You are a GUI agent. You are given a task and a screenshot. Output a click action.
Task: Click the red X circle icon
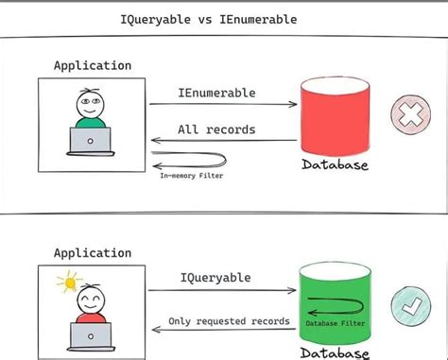pyautogui.click(x=411, y=115)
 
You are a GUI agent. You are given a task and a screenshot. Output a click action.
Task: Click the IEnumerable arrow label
pyautogui.click(x=215, y=93)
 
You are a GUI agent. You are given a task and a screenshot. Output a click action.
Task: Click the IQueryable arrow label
pyautogui.click(x=215, y=279)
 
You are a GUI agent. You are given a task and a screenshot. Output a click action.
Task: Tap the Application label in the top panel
pyautogui.click(x=92, y=66)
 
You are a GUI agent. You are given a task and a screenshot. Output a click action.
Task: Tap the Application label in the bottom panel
pyautogui.click(x=92, y=252)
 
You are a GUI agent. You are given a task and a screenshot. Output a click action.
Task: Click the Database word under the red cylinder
pyautogui.click(x=335, y=166)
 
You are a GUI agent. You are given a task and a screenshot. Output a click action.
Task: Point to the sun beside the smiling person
pyautogui.click(x=65, y=281)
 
